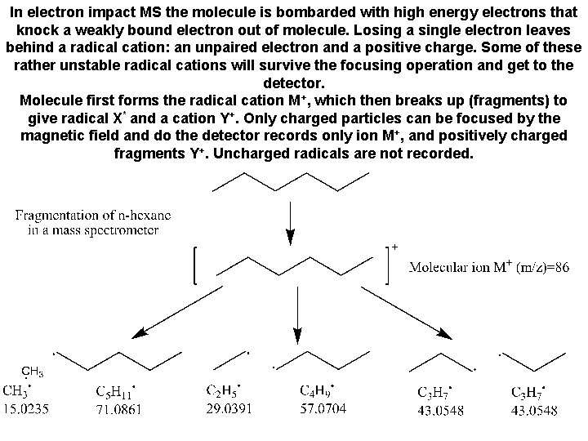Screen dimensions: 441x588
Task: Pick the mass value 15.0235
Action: (26, 408)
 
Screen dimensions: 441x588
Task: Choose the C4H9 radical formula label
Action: (318, 391)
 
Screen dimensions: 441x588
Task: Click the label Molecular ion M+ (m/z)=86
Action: (488, 266)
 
